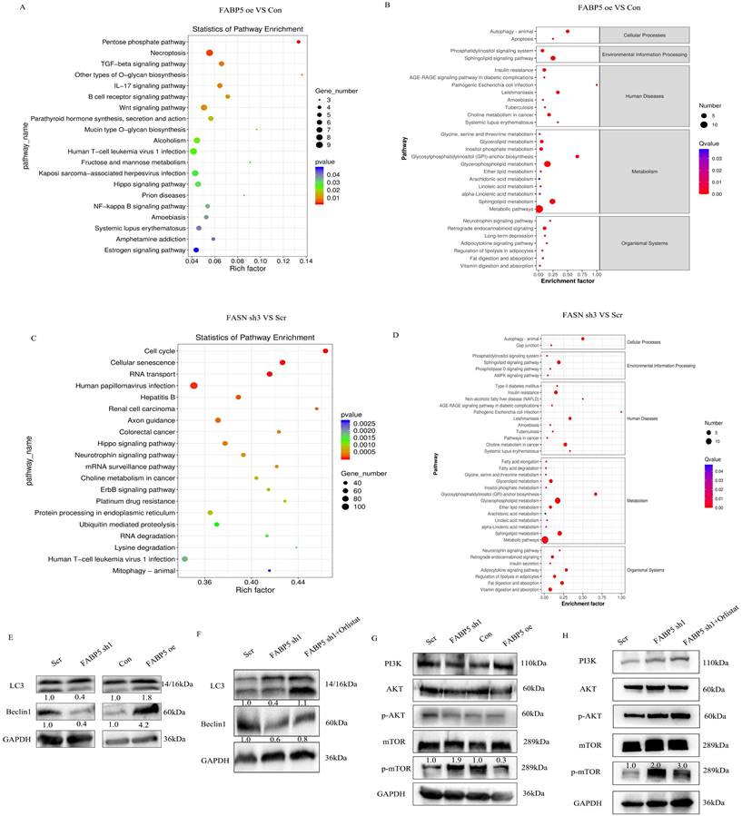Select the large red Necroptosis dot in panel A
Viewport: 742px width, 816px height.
[210, 54]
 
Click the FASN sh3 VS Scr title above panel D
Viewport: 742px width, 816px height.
[560, 314]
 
